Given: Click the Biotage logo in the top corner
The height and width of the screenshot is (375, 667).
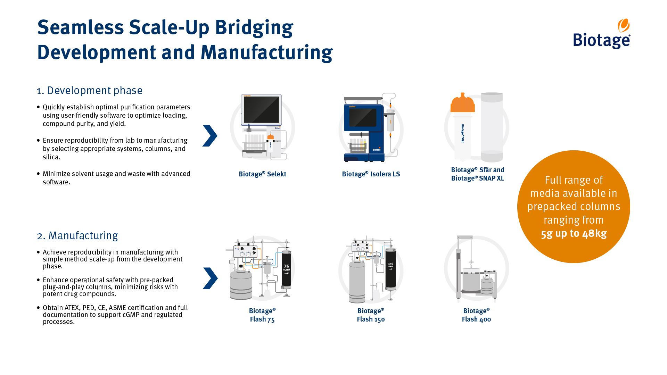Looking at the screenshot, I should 602,35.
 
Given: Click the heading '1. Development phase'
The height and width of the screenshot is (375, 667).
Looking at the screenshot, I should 90,91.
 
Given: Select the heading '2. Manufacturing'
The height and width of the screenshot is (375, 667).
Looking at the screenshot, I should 77,236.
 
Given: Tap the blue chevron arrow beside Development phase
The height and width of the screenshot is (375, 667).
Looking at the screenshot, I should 210,136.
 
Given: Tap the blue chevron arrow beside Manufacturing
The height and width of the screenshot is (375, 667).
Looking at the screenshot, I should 210,278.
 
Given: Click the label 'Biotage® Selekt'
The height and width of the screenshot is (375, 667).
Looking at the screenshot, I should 262,174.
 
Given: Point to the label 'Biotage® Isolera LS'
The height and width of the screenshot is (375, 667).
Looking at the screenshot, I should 371,174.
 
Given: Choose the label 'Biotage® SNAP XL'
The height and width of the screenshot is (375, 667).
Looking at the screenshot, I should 477,178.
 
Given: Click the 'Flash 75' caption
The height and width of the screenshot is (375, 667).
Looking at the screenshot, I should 262,319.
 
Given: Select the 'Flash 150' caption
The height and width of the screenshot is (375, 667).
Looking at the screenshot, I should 371,319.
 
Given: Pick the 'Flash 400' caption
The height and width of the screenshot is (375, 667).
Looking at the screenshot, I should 476,319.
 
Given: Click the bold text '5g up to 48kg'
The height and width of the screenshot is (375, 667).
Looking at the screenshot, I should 574,233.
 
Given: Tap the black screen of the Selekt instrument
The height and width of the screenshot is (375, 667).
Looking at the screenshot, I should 261,109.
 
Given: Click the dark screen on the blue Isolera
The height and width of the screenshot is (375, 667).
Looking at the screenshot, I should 363,118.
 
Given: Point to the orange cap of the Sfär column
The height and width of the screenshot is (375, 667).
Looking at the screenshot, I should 462,103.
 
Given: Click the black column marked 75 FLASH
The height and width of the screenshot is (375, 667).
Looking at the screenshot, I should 286,269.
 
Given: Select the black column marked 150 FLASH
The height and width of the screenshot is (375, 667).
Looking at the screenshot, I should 390,269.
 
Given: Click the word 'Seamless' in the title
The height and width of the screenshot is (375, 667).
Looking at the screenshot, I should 80,27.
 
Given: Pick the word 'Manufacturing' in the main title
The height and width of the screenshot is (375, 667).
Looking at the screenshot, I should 266,52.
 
